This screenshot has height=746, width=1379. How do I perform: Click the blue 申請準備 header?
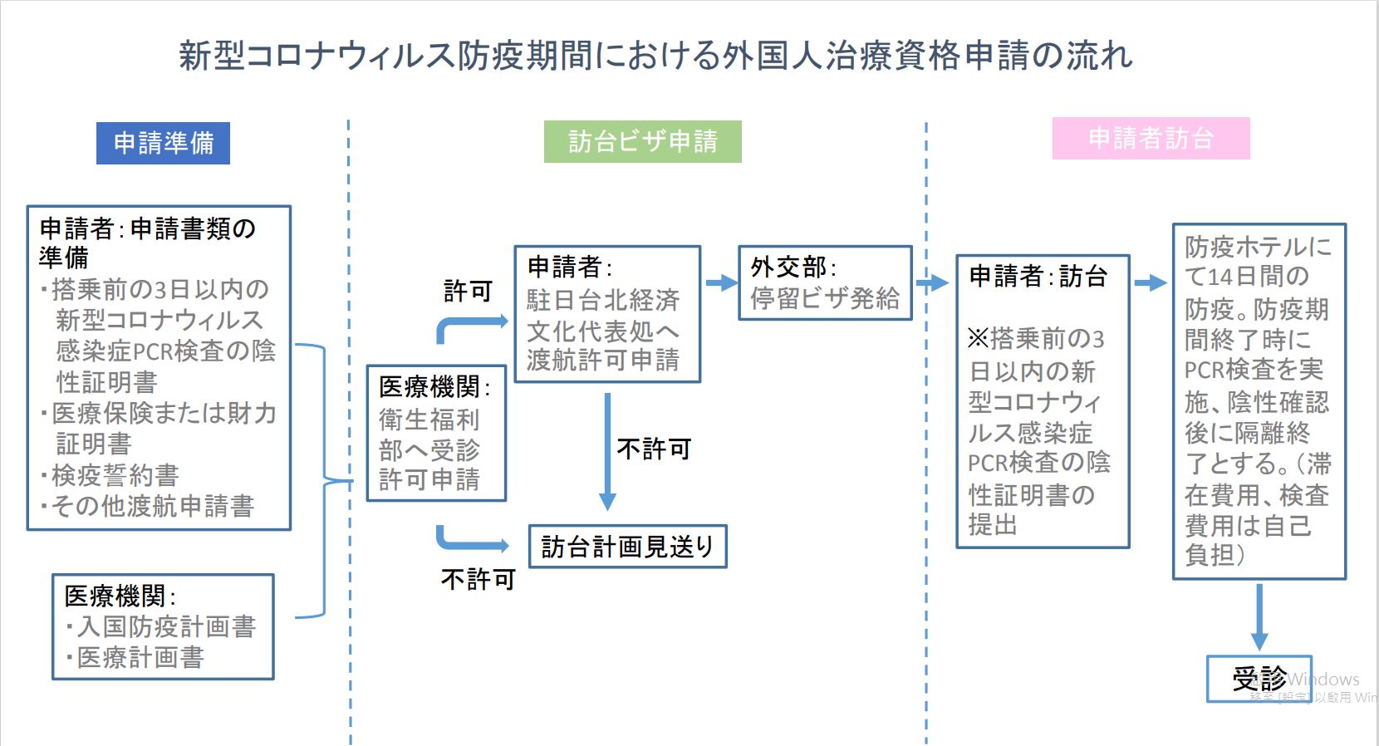pyautogui.click(x=163, y=143)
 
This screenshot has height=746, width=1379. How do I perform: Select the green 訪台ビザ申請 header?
pyautogui.click(x=642, y=141)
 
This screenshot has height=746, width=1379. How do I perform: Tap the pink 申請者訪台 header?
pyautogui.click(x=1151, y=138)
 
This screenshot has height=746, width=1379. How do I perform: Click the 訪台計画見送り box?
pyautogui.click(x=627, y=547)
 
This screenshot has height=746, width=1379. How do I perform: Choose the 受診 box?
pyautogui.click(x=1259, y=679)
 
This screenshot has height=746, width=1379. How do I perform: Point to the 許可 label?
pyautogui.click(x=468, y=292)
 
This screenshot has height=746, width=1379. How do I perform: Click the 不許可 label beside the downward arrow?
pyautogui.click(x=654, y=449)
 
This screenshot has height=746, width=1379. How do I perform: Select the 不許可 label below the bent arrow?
pyautogui.click(x=478, y=579)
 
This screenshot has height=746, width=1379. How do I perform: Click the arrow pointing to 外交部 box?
pyautogui.click(x=720, y=283)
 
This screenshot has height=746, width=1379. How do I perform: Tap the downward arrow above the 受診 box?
pyautogui.click(x=1259, y=616)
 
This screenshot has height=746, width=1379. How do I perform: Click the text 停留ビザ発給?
pyautogui.click(x=825, y=299)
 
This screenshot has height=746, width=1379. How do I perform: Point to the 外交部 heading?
pyautogui.click(x=793, y=267)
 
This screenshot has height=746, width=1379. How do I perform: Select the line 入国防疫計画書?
pyautogui.click(x=165, y=626)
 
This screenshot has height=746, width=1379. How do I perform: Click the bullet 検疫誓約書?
pyautogui.click(x=115, y=475)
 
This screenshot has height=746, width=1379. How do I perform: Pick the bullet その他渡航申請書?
pyautogui.click(x=152, y=506)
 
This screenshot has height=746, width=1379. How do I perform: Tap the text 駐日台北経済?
pyautogui.click(x=603, y=300)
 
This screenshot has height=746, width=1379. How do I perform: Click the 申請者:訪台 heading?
pyautogui.click(x=1038, y=276)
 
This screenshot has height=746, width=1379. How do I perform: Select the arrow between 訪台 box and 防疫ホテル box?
pyautogui.click(x=1151, y=283)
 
